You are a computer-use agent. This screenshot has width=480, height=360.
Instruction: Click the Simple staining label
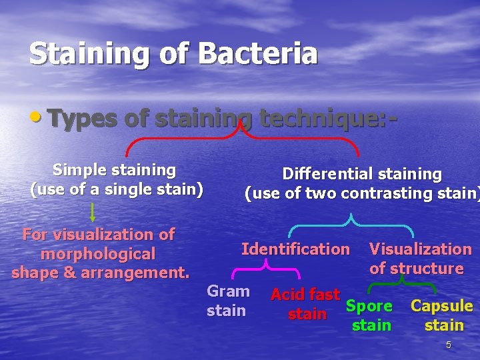(114, 170)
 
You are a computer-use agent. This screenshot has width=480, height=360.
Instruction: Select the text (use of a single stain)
(117, 189)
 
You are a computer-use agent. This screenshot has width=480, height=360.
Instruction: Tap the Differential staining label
(362, 174)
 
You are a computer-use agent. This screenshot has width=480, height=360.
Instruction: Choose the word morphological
(98, 254)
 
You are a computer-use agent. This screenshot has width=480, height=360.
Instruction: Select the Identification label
(295, 249)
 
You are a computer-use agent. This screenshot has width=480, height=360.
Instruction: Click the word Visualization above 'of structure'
(420, 249)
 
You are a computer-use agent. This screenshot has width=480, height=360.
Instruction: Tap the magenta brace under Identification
(265, 269)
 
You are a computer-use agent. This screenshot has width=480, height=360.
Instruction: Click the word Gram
(228, 291)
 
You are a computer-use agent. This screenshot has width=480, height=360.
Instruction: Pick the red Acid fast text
(305, 294)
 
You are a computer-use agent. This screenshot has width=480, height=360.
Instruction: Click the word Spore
(369, 306)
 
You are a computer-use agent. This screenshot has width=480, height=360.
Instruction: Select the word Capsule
(442, 306)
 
